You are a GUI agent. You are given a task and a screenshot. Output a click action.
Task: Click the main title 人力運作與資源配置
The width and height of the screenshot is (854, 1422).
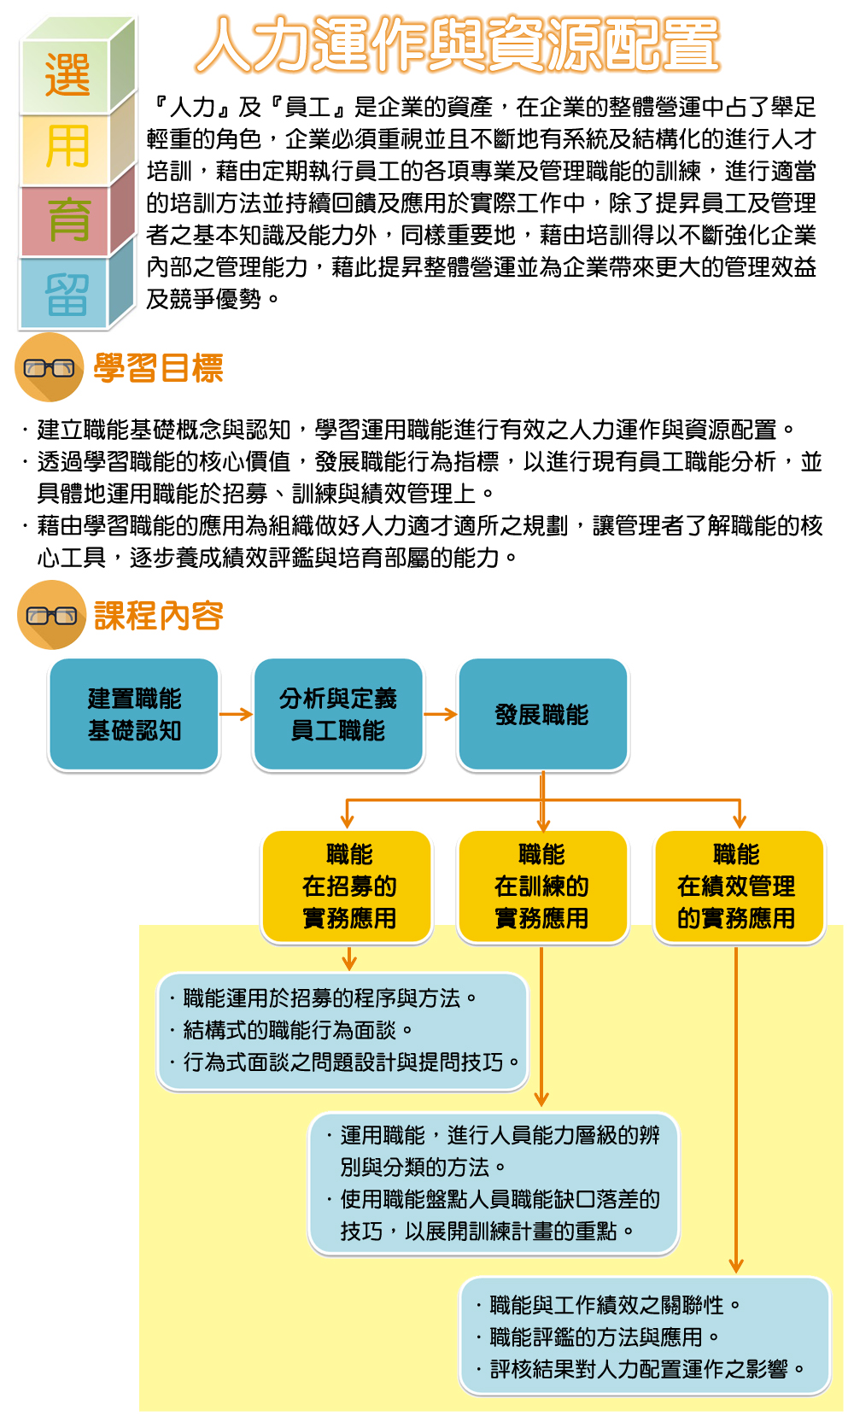(x=457, y=44)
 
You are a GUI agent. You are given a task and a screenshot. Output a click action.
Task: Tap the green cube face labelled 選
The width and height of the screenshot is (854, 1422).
(x=65, y=76)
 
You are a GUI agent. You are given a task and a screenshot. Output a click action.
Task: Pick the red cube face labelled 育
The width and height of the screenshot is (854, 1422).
(x=65, y=221)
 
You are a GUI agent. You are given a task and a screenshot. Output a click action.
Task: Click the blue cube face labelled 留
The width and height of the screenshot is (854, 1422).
(x=65, y=293)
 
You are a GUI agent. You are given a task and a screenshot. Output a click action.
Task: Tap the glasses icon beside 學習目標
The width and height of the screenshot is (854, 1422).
(x=49, y=367)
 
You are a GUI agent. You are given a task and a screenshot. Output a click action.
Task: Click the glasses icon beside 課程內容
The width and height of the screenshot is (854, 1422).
(x=51, y=615)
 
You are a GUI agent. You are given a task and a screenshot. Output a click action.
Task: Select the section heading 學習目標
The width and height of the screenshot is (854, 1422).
(x=159, y=367)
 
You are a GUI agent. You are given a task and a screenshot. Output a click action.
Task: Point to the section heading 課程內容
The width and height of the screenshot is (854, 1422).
(x=159, y=615)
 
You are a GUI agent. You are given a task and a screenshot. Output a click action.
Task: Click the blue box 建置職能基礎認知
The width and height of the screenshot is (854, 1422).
(x=134, y=714)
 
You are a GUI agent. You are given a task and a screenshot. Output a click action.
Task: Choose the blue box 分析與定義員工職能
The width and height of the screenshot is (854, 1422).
(x=338, y=714)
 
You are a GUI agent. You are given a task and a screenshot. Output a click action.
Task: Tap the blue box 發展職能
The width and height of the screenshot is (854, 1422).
(x=542, y=714)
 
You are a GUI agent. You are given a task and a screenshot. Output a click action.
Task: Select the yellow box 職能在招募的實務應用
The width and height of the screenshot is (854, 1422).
(x=348, y=887)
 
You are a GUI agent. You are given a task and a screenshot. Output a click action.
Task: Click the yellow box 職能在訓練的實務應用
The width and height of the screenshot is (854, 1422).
(x=542, y=887)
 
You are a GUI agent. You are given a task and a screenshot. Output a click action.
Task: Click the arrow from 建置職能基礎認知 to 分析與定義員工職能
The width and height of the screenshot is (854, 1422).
(x=237, y=714)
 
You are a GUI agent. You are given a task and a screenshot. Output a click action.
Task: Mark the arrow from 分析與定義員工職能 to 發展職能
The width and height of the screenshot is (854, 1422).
(x=441, y=714)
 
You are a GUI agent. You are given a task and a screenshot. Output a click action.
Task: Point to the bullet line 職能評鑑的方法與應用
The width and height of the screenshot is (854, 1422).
(x=598, y=1337)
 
